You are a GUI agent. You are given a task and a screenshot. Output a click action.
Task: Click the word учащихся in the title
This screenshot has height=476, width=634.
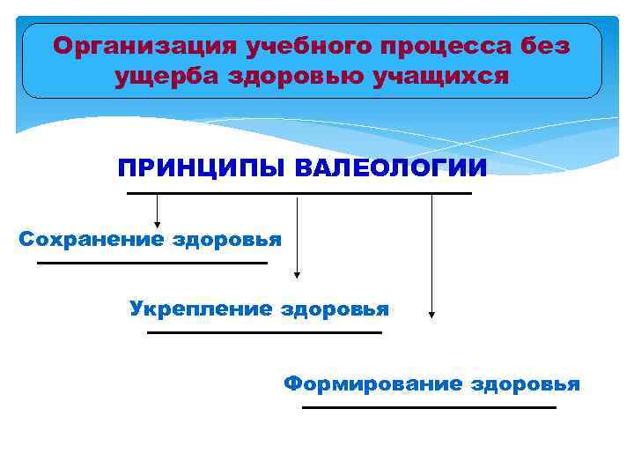point(446,77)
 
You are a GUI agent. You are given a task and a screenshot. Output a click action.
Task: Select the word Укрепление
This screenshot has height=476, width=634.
point(200,309)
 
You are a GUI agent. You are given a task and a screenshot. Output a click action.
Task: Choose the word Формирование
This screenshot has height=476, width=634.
point(372,383)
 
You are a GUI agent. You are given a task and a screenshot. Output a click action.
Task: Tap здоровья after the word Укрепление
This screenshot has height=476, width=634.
point(335,309)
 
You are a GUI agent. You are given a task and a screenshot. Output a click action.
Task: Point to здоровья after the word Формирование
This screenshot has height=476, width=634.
point(526,383)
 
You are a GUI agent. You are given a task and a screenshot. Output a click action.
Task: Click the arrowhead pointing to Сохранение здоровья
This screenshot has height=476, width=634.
point(157,224)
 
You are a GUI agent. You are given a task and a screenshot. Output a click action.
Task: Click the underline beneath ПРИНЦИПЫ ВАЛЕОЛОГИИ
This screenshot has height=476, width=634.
point(299,193)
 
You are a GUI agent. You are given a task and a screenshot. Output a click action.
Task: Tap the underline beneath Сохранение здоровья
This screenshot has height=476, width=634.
point(151,263)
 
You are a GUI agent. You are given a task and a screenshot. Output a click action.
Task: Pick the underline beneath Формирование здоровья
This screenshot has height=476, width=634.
point(429,407)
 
